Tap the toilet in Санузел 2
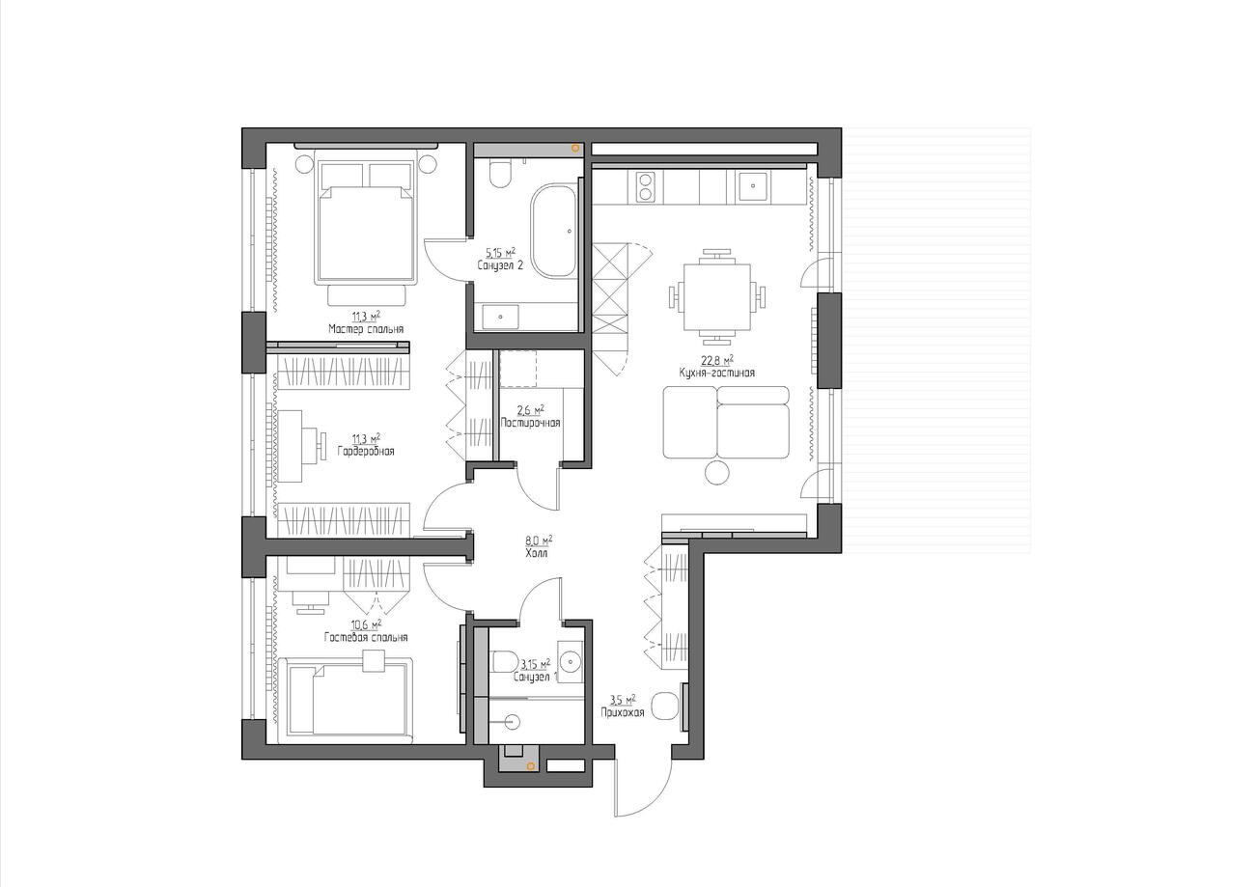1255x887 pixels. coord(499,174)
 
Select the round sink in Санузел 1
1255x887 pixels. coord(571,661)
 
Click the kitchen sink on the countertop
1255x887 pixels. coord(752,186)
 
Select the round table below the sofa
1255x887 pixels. coord(716,474)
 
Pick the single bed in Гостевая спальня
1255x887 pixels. coord(349,700)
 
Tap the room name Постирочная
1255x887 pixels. coord(531,424)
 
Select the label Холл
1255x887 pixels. coord(537,553)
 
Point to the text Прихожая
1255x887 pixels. coord(623,713)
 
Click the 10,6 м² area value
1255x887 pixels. coord(367,624)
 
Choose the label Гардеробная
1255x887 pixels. coord(366,451)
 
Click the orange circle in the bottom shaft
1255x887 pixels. coord(530,765)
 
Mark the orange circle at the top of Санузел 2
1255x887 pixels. coord(574,149)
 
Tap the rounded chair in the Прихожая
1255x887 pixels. coord(665,706)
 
